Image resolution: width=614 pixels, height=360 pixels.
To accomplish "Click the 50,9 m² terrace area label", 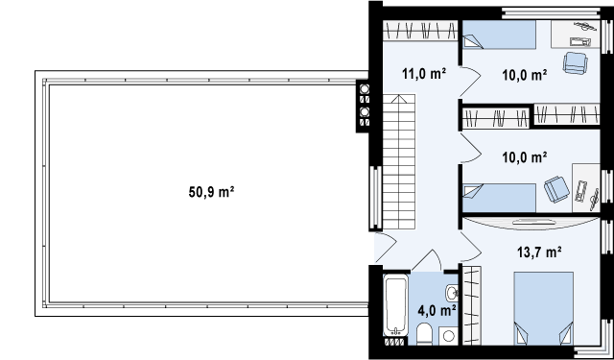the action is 211,192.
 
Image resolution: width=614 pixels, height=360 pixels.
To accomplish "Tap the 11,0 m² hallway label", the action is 424,73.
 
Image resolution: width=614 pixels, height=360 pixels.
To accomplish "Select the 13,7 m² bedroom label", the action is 539,252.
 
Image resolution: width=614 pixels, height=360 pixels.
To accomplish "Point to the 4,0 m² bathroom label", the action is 437,311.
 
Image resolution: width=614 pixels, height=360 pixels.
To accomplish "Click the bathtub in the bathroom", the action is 396,305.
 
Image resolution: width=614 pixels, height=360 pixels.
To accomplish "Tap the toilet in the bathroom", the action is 423,334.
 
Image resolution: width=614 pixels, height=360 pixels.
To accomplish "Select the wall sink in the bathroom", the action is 452,292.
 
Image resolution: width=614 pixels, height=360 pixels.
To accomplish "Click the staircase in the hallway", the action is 399,162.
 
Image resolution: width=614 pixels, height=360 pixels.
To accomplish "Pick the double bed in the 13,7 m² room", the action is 544,309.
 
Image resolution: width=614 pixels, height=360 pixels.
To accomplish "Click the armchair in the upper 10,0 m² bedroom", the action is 576,62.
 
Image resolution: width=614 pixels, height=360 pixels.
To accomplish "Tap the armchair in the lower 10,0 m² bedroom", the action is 556,189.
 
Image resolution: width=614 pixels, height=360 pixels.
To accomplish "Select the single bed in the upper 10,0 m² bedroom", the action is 499,35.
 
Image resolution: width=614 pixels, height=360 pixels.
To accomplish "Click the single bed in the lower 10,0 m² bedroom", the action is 499,198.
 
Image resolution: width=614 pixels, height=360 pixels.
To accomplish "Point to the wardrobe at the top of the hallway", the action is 420,31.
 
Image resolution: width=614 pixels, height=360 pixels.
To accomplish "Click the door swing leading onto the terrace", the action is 386,248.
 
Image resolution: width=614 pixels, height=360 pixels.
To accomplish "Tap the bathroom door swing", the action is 427,260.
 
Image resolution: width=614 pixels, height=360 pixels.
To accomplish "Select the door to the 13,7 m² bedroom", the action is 471,247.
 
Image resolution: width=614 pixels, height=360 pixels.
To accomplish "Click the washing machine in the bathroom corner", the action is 448,336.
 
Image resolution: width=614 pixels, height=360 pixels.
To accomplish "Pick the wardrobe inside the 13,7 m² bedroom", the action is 472,305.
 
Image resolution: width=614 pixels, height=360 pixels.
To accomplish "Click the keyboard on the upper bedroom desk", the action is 579,41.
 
